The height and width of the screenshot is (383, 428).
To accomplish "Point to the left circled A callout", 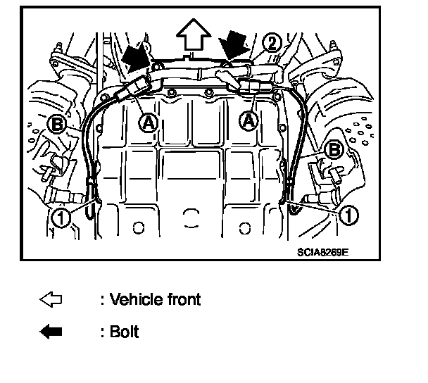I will point(147,122).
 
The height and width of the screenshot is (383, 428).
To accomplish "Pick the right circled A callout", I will point(248,120).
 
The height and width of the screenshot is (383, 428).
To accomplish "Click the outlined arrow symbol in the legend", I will point(51,300).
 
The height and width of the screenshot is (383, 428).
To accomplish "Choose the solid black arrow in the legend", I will point(51,332).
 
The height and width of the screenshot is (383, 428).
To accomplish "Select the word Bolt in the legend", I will point(125,332).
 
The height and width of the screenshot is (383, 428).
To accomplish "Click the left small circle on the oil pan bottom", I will point(137,227).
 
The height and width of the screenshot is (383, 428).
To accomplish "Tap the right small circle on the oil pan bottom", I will point(246,227).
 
